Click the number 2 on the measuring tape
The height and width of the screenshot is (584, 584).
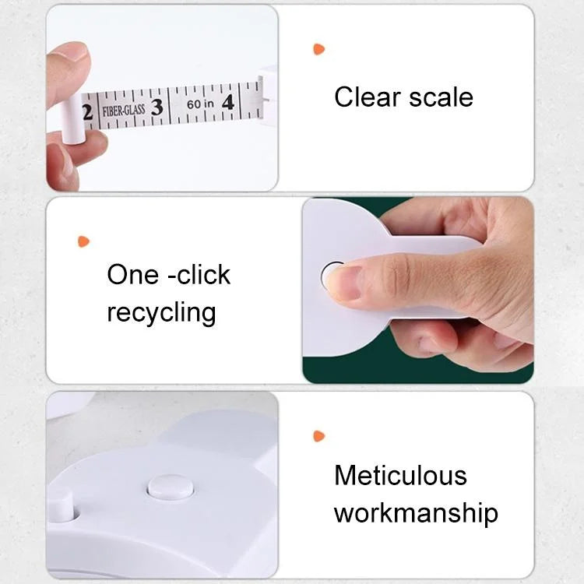pyautogui.click(x=87, y=111)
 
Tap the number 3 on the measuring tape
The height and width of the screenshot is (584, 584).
pyautogui.click(x=157, y=107)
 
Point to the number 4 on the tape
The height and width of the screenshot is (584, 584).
pyautogui.click(x=227, y=102)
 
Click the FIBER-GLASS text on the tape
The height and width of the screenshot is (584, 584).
pyautogui.click(x=123, y=110)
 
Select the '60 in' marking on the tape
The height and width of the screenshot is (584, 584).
pyautogui.click(x=200, y=104)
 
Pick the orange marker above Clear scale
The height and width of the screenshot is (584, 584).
pyautogui.click(x=318, y=49)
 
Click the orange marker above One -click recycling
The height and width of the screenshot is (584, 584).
pyautogui.click(x=83, y=241)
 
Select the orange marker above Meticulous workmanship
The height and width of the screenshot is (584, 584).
pyautogui.click(x=318, y=436)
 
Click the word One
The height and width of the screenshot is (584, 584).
pyautogui.click(x=132, y=275)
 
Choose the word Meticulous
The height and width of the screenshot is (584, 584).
pyautogui.click(x=400, y=475)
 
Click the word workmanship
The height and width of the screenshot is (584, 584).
pyautogui.click(x=416, y=513)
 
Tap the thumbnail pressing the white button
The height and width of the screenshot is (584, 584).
pyautogui.click(x=343, y=283)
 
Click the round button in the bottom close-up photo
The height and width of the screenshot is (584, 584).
pyautogui.click(x=171, y=488)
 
